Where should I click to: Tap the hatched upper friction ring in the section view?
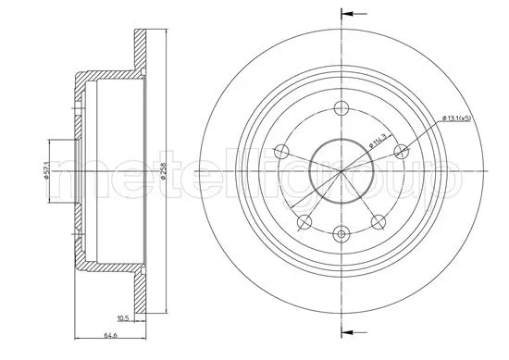click(x=141, y=56)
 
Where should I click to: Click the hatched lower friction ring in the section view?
click(x=141, y=292)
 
